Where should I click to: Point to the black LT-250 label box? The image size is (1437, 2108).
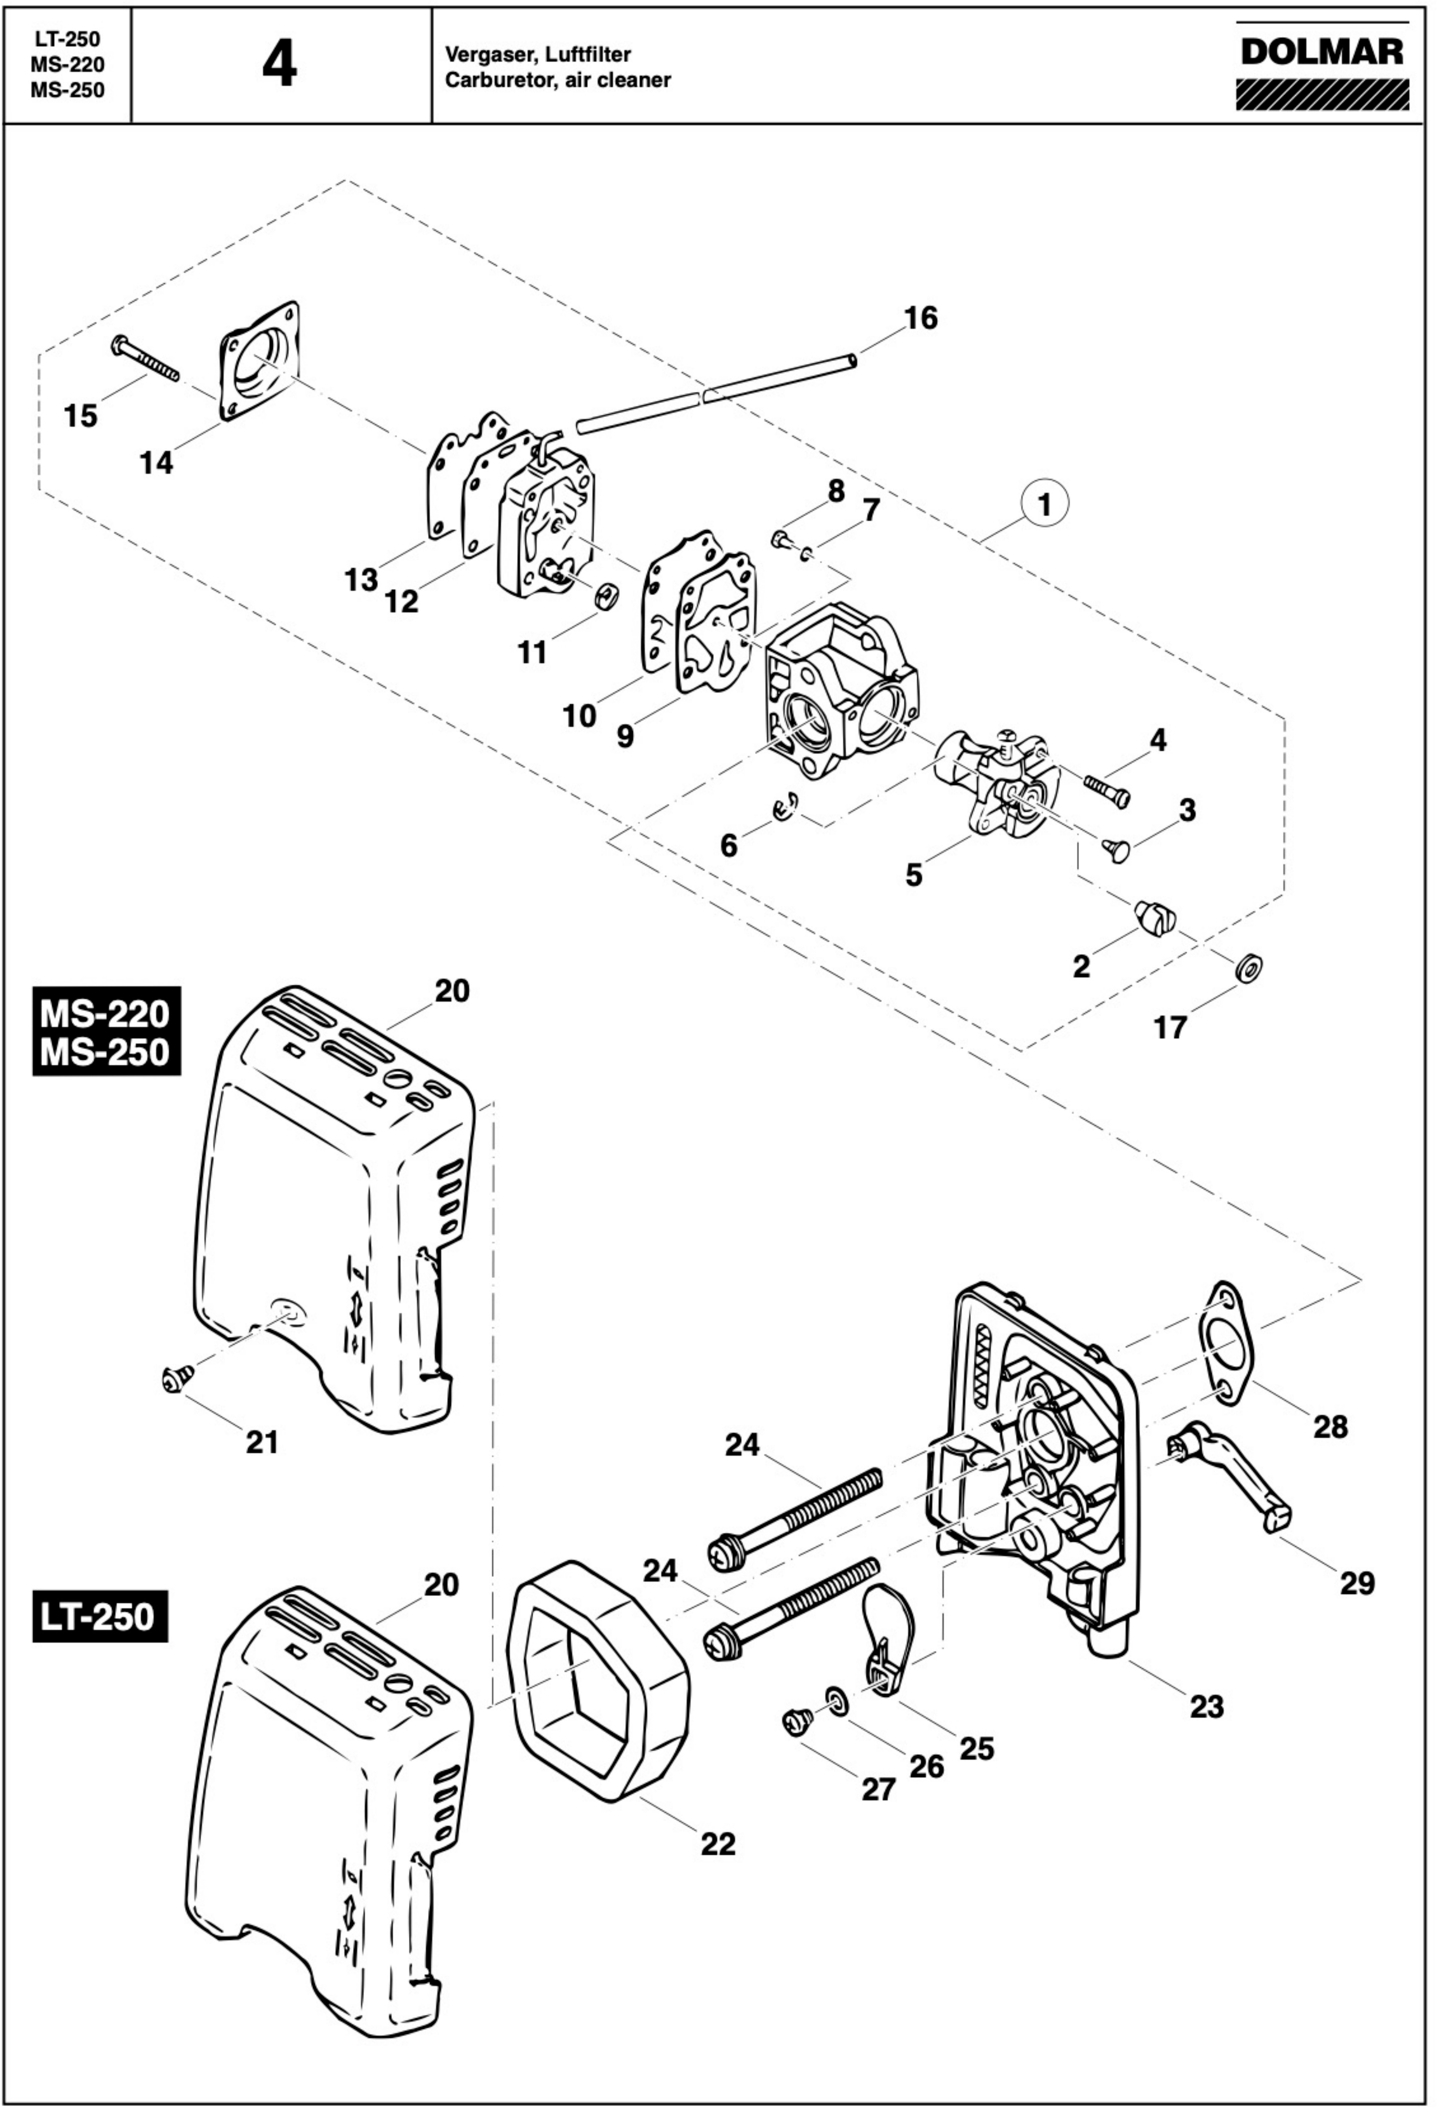click(x=100, y=1616)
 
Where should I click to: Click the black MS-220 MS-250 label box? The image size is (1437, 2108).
click(x=106, y=1031)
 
